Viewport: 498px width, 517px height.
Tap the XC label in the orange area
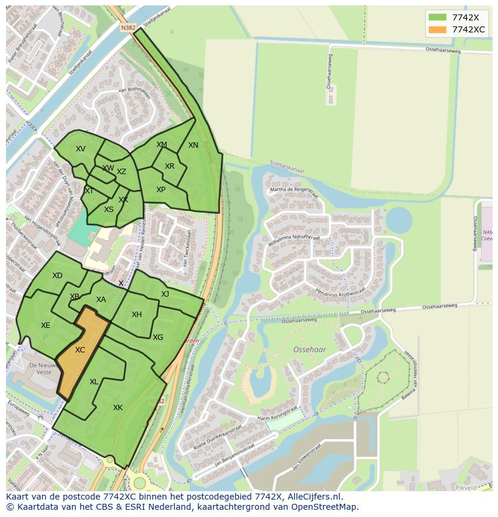pos(80,350)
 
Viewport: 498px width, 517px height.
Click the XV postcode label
pos(81,149)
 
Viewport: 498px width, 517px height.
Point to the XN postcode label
pos(193,145)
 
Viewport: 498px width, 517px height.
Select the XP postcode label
pos(161,190)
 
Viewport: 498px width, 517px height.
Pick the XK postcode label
pos(118,408)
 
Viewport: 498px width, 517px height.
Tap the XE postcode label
pos(46,325)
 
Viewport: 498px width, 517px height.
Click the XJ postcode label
pos(165,294)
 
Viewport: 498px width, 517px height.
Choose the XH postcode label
pos(137,315)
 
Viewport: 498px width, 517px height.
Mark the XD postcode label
pos(57,276)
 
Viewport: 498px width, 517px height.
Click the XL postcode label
pos(94,382)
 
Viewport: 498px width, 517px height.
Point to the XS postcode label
pos(109,210)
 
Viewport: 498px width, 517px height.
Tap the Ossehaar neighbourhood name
pos(309,349)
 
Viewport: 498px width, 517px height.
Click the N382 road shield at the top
pos(128,28)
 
